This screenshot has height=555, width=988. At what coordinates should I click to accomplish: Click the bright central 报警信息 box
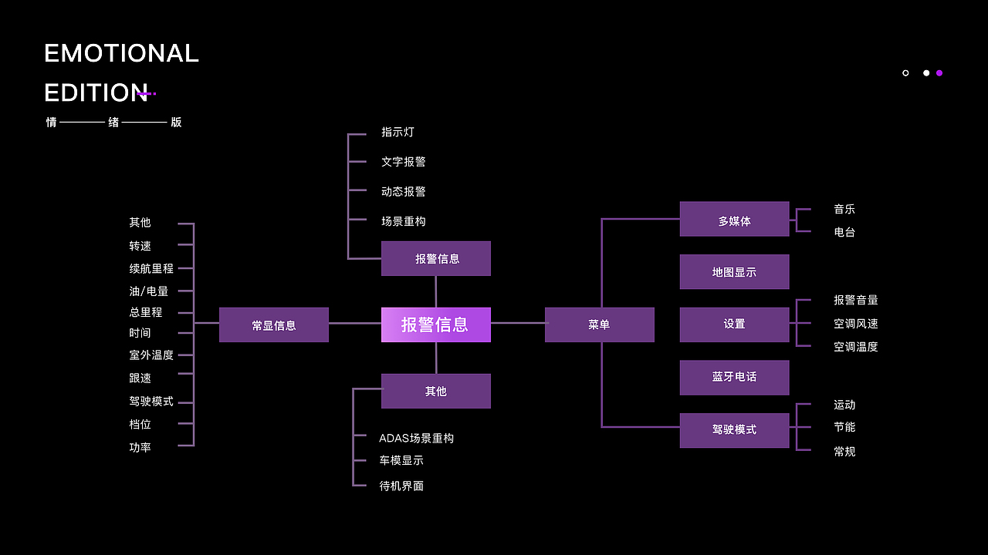click(x=435, y=325)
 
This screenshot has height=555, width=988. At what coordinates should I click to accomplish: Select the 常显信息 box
click(x=274, y=325)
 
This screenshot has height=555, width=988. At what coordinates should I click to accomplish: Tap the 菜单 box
click(x=599, y=325)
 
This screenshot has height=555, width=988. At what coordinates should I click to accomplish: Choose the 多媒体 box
click(x=734, y=220)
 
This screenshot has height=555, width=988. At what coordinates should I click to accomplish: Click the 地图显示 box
click(x=734, y=272)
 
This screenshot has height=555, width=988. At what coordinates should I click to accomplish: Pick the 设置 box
click(x=734, y=325)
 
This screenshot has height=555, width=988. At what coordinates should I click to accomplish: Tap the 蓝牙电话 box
click(x=734, y=377)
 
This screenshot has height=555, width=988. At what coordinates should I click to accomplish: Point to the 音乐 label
click(x=844, y=210)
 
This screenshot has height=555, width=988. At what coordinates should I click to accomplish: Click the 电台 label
click(x=844, y=232)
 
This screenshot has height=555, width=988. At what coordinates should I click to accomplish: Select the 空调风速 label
click(x=855, y=324)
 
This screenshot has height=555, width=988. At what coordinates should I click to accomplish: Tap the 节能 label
click(x=844, y=427)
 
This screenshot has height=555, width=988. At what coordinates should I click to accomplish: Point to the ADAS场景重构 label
click(x=416, y=438)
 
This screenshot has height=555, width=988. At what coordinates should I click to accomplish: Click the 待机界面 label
click(x=401, y=486)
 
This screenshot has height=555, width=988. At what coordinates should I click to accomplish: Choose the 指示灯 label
click(x=398, y=133)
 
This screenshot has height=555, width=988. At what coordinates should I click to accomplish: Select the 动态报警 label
click(x=403, y=191)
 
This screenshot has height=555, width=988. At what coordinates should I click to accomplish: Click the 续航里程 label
click(x=151, y=269)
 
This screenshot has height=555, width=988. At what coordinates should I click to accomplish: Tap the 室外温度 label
click(x=151, y=355)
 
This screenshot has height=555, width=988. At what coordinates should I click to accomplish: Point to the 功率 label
click(x=140, y=447)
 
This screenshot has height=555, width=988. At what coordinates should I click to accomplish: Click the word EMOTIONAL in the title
click(x=121, y=53)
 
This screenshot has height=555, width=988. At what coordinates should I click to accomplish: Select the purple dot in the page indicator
click(x=939, y=73)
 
